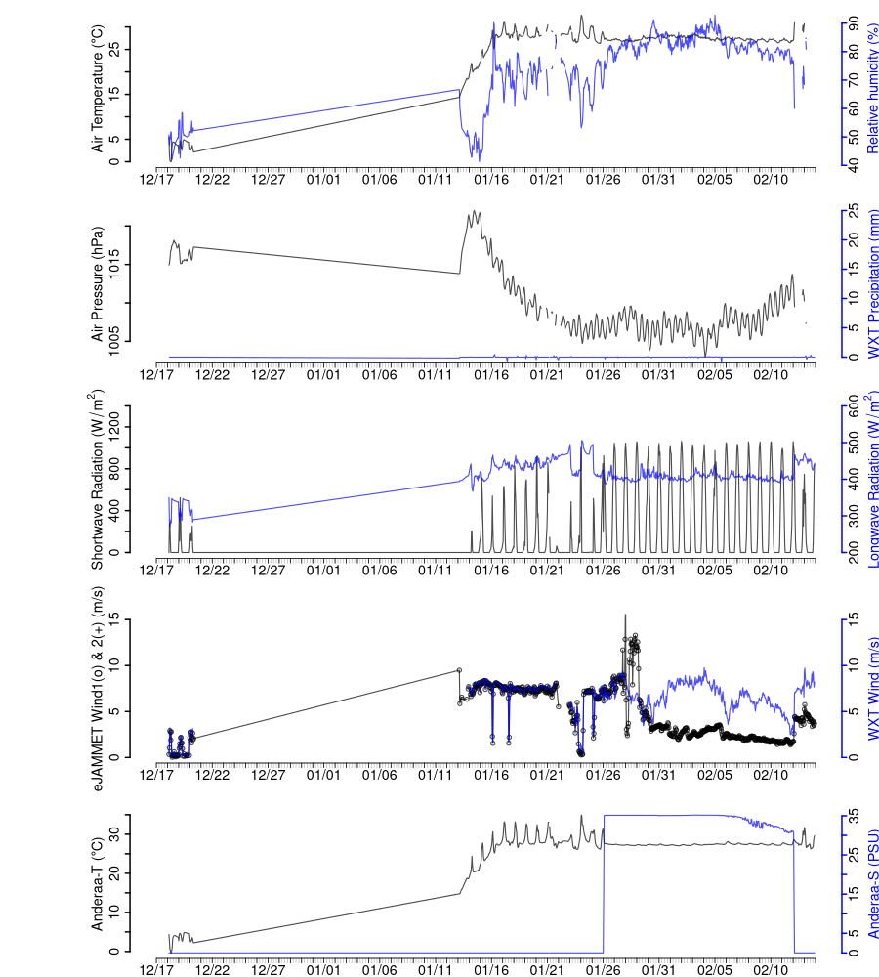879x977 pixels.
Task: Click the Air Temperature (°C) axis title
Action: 98,91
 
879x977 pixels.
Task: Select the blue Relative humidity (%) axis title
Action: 873,91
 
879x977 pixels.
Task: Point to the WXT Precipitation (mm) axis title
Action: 873,283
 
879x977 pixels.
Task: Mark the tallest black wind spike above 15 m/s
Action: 625,616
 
